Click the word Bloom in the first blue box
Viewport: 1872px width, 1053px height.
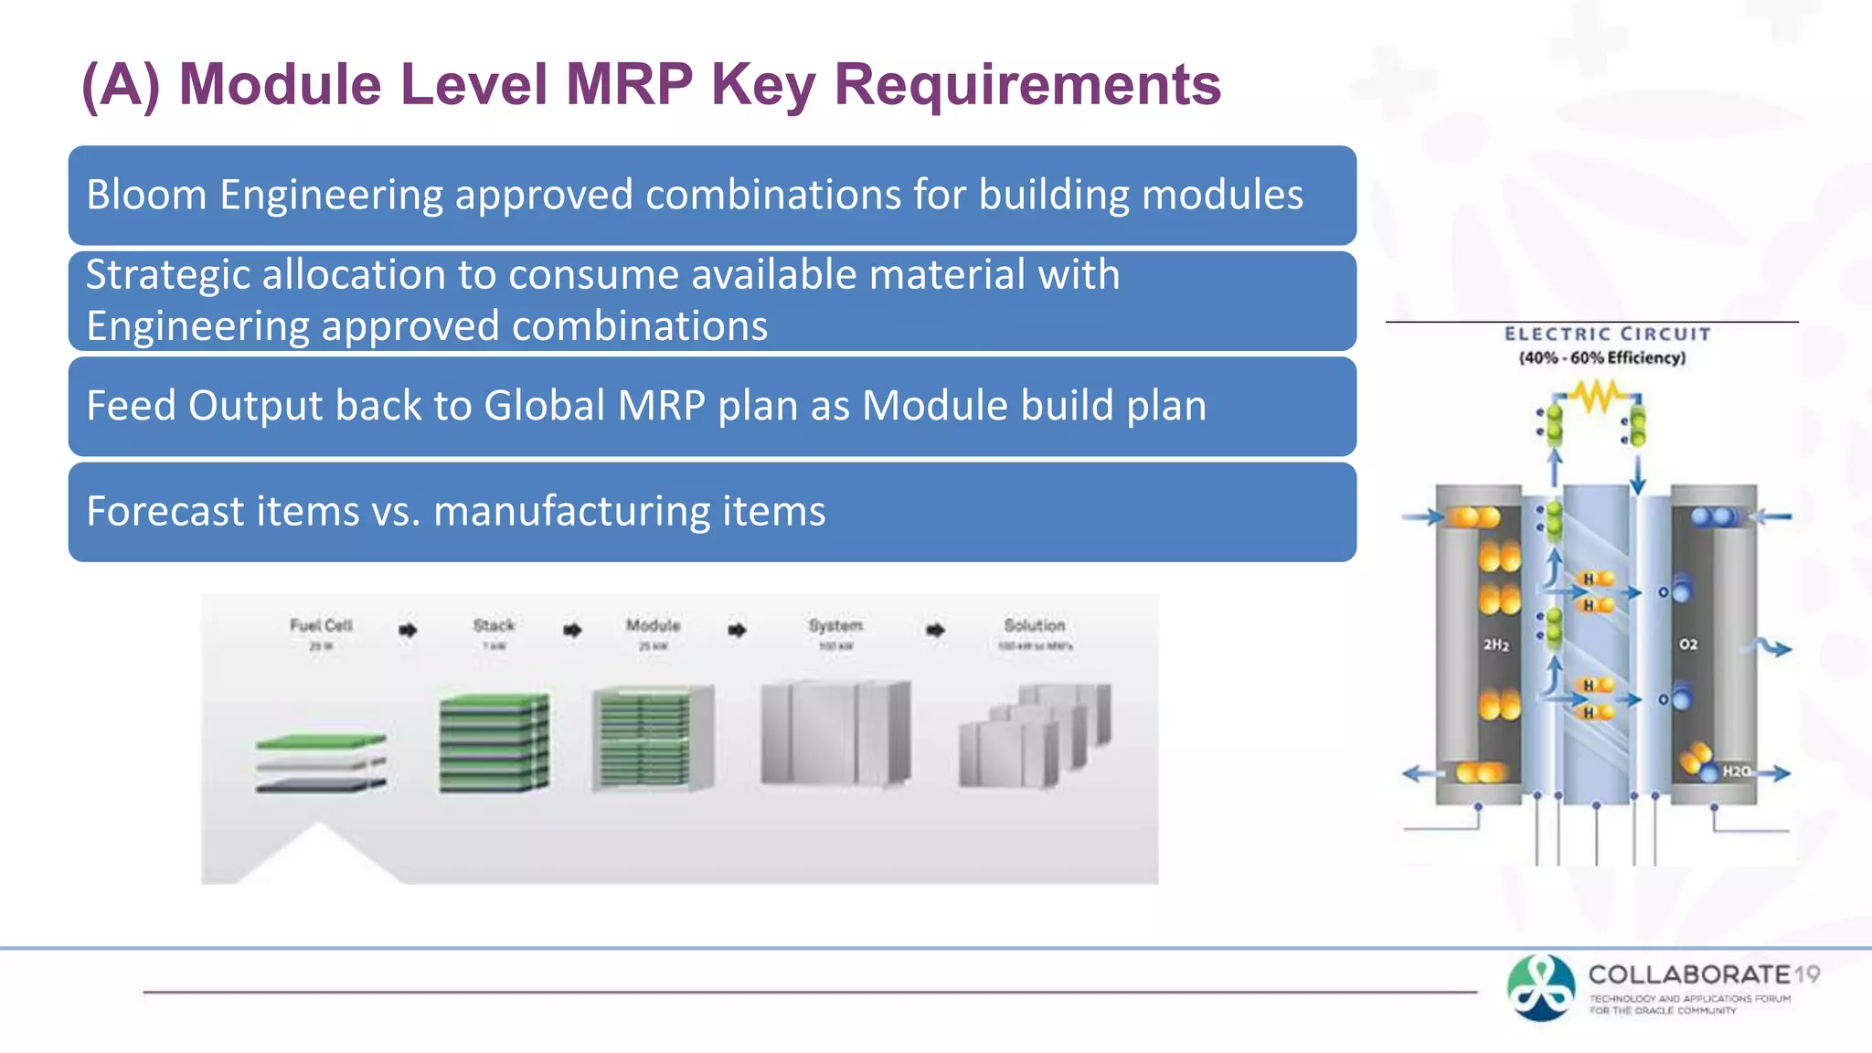point(146,195)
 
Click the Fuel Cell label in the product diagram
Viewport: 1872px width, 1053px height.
point(321,625)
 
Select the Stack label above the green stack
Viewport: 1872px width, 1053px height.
point(494,625)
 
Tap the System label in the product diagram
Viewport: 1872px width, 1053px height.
point(835,625)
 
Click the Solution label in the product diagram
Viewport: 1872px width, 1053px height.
point(1034,625)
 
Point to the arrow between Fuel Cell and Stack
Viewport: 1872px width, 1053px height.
point(408,630)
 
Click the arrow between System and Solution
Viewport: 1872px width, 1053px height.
point(935,630)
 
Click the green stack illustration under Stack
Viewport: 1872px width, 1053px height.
point(495,742)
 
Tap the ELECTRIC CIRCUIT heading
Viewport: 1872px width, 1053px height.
point(1607,335)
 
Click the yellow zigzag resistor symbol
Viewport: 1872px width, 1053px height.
point(1596,397)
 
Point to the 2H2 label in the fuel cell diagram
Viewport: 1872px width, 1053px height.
point(1495,644)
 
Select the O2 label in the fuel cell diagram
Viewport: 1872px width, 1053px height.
point(1687,644)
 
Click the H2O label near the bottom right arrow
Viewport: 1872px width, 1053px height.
point(1736,771)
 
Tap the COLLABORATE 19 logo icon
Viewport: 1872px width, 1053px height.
point(1541,987)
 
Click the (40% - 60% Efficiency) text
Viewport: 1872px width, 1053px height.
point(1601,357)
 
